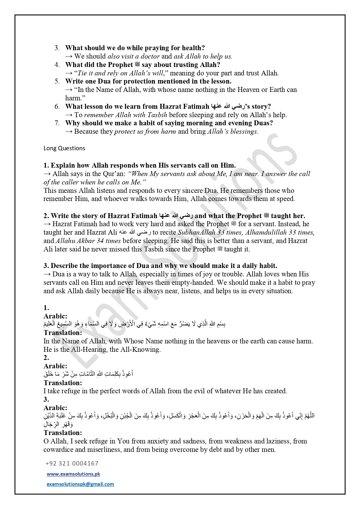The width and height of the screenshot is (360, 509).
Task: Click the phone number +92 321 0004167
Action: coord(72,463)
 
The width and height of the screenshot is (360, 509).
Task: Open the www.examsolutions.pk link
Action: coord(73,474)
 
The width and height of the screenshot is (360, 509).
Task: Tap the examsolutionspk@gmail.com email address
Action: coord(80,484)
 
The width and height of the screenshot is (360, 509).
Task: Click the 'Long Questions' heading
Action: coord(64,148)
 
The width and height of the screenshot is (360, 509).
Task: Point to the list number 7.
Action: coord(57,123)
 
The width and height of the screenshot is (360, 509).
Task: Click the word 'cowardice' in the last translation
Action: coord(58,450)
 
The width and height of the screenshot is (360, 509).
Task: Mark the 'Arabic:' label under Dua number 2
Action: coord(55,366)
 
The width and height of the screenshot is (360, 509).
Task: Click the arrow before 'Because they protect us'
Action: coord(69,131)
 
